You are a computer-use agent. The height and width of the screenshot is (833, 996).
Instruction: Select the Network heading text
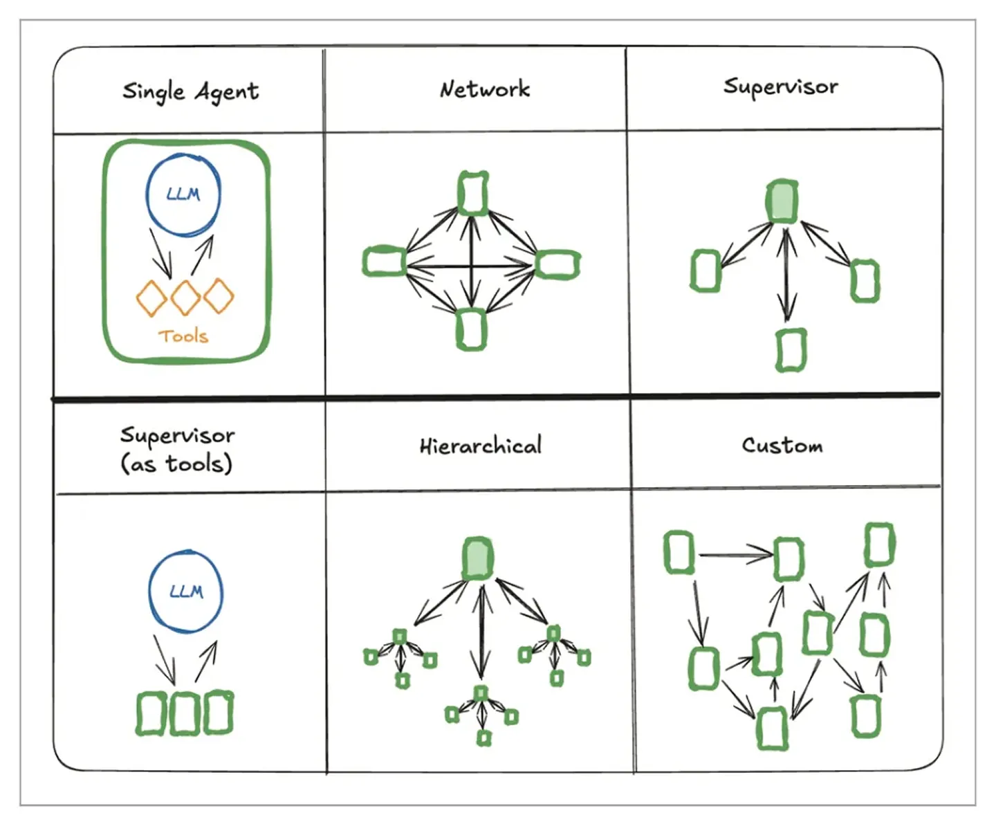coord(485,89)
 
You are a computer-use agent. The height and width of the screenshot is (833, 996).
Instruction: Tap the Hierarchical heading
coord(481,446)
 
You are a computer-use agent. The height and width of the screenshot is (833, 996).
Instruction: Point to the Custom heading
coord(782,445)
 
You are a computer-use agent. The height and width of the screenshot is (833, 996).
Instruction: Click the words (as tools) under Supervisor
coord(176,464)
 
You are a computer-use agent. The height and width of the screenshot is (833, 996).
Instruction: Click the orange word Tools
coord(183,336)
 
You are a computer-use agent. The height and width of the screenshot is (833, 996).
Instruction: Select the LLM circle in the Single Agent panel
coord(183,196)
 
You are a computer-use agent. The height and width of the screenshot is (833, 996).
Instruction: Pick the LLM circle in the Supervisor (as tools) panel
coord(186,592)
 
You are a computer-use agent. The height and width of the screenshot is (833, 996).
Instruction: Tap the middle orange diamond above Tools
coord(185,297)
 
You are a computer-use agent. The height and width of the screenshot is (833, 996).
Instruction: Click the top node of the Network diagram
coord(473,193)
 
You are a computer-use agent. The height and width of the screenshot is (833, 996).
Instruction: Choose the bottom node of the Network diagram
coord(471,329)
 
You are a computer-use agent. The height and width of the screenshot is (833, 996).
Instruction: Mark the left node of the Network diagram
coord(384,262)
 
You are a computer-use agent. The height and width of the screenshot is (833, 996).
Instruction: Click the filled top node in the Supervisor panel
coord(782,201)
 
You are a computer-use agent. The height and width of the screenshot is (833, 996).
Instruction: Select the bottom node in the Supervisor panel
coord(791,349)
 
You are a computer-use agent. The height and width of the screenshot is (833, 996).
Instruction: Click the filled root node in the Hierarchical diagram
coord(478,558)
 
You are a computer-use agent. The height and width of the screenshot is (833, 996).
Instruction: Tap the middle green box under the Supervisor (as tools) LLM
coord(185,713)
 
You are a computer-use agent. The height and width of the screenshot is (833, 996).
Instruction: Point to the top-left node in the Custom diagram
coord(679,552)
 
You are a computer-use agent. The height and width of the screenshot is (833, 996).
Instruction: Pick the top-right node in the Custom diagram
coord(880,544)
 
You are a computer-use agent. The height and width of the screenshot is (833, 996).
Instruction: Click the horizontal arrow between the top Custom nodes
coord(736,553)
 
